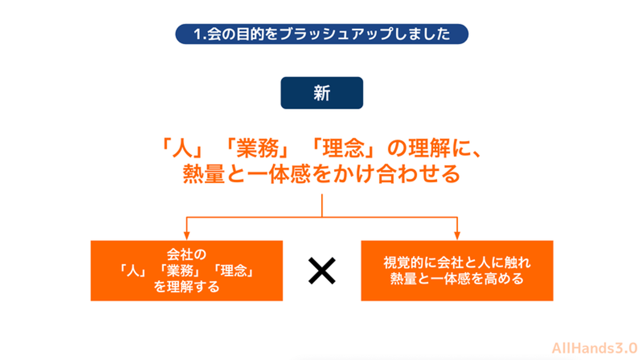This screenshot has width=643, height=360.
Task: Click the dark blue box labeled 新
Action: coord(322,93)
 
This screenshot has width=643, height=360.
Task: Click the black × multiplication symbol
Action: coord(322,271)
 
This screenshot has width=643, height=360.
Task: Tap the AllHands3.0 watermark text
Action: coord(594,348)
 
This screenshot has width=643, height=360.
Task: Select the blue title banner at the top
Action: coord(322,34)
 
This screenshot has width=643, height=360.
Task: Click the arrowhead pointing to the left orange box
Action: coord(187,236)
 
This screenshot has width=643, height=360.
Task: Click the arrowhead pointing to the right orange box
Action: coord(457,236)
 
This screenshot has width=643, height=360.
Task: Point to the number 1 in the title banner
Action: coord(197,34)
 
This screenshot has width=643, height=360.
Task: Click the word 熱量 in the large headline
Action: coord(204,174)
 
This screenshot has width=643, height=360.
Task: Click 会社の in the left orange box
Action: coord(187,254)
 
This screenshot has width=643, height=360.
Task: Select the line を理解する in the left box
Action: coord(187,286)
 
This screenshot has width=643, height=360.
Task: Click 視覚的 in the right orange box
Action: coord(403,263)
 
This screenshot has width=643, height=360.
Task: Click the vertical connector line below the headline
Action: coord(322,205)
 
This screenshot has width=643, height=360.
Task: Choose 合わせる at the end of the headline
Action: coord(419,174)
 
